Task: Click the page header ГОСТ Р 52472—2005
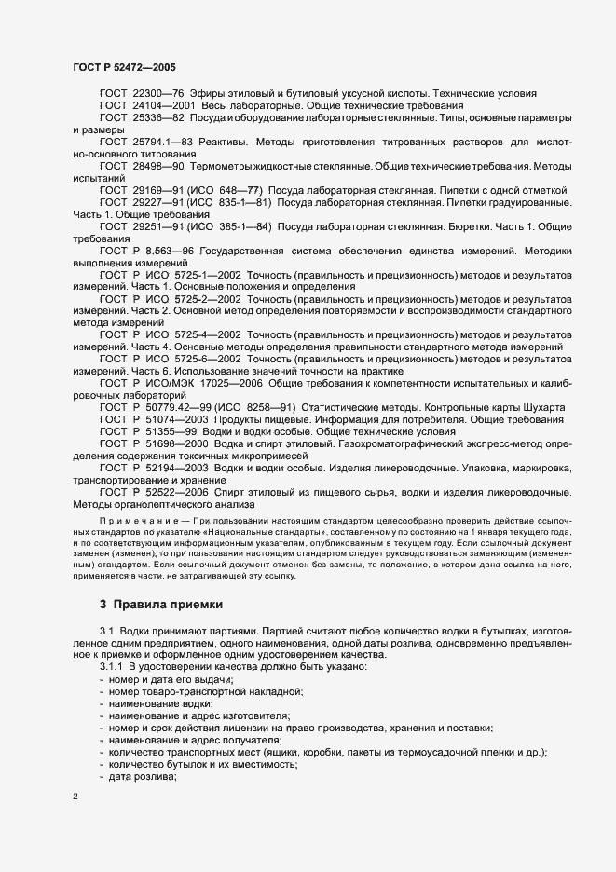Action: click(123, 68)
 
